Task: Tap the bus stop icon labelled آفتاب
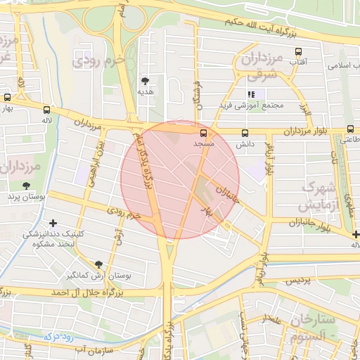(x=298, y=52)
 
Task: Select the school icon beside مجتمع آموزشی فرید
(x=251, y=94)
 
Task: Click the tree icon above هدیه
(x=146, y=80)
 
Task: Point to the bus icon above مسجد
(x=204, y=132)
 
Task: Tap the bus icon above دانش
(x=245, y=133)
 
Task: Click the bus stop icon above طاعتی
(x=349, y=129)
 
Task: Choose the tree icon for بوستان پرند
(x=27, y=186)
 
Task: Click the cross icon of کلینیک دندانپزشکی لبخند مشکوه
(x=53, y=224)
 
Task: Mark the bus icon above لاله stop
(x=47, y=109)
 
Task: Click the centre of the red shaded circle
(x=180, y=179)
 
